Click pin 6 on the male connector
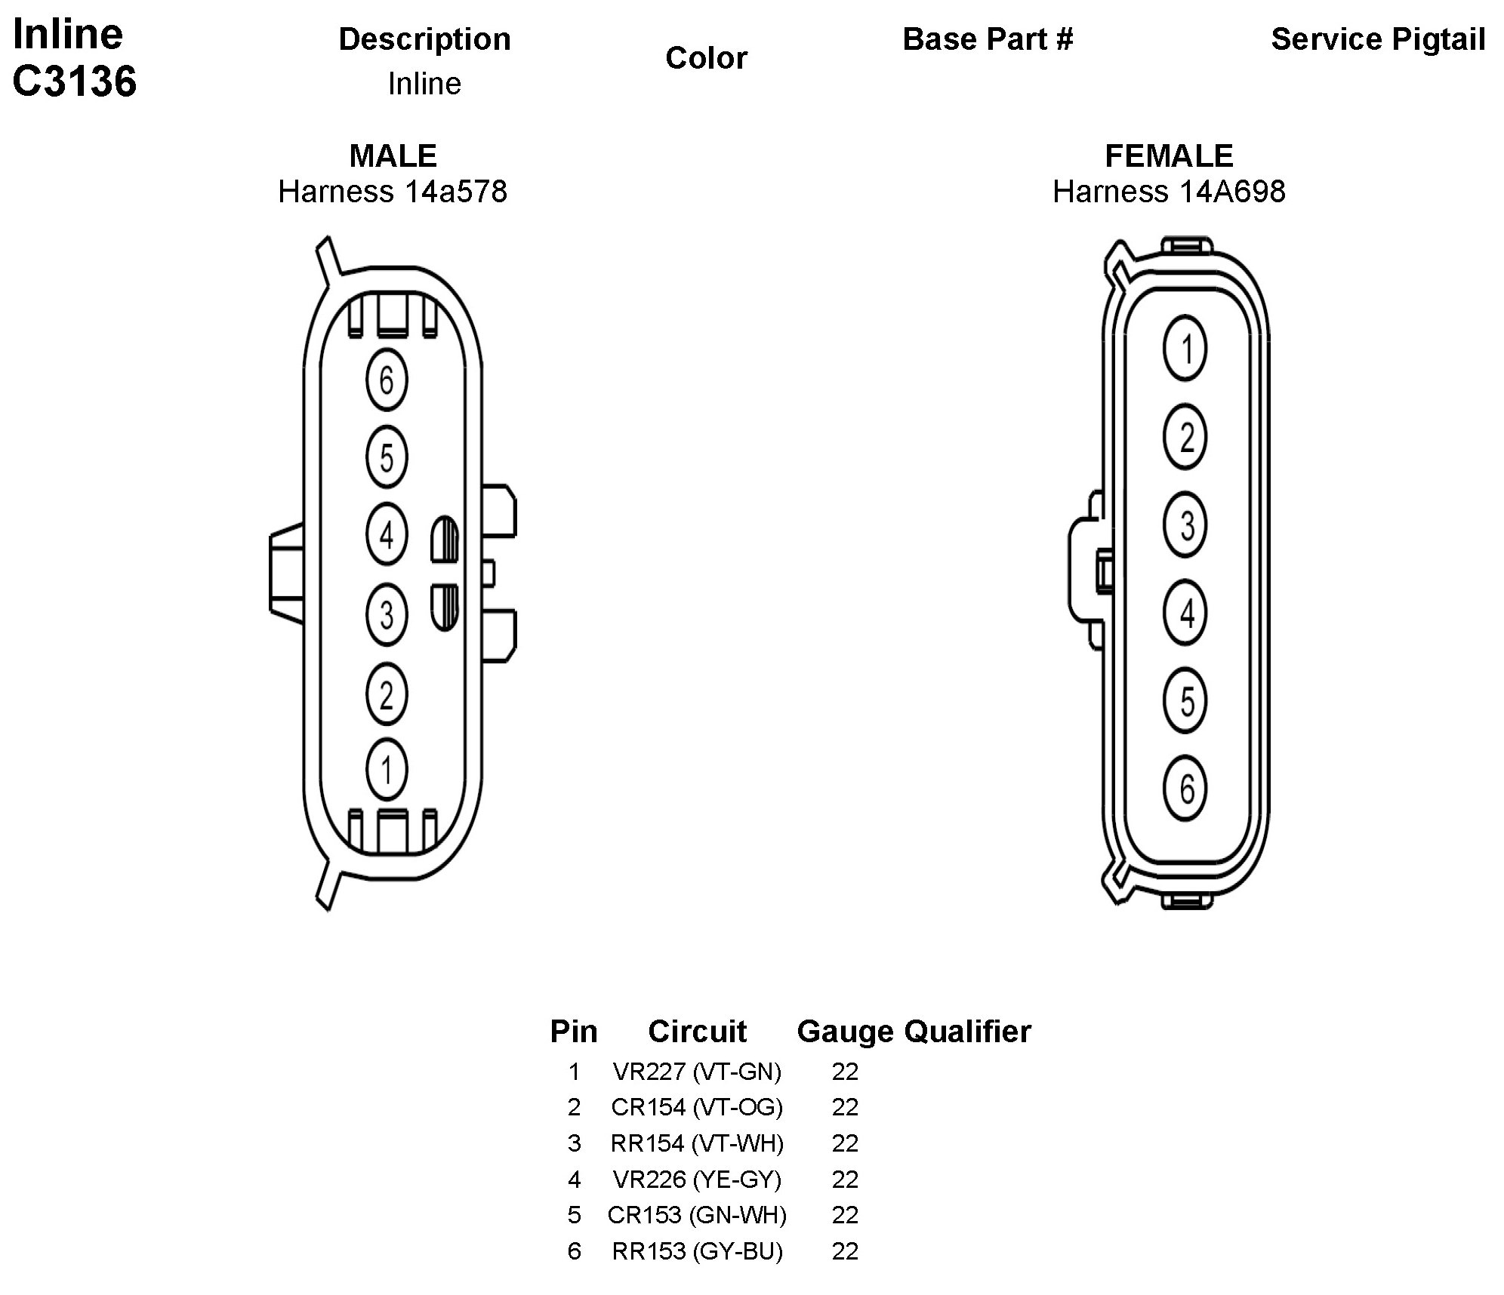(387, 380)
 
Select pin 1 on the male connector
(387, 770)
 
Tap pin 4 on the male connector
(387, 535)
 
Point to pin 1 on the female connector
(1185, 349)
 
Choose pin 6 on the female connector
(1185, 789)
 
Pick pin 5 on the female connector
(1185, 701)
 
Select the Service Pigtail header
(1378, 39)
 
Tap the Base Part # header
(988, 39)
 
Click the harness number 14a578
(455, 192)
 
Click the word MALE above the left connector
(393, 156)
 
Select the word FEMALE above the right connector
(1169, 156)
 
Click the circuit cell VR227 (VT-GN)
(697, 1072)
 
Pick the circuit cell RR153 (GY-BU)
(697, 1251)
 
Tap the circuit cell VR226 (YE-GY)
(697, 1180)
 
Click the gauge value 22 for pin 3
(845, 1143)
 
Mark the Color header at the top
(706, 58)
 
